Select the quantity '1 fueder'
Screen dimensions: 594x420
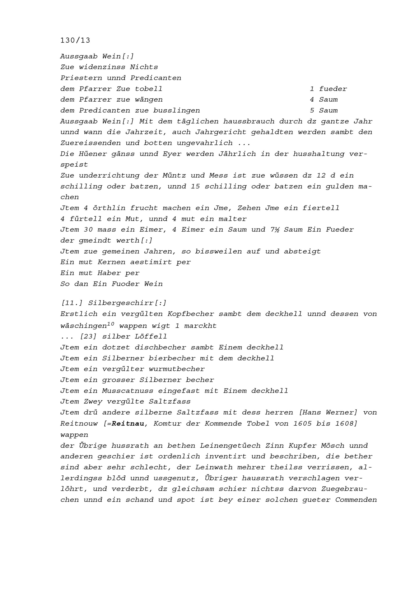pyautogui.click(x=328, y=89)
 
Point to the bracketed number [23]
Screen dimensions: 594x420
pyautogui.click(x=88, y=337)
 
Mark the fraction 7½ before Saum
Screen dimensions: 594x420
pyautogui.click(x=274, y=229)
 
